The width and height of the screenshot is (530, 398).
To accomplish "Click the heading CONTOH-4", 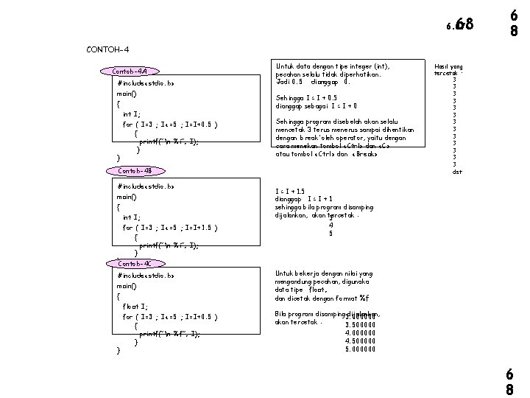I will click(107, 49).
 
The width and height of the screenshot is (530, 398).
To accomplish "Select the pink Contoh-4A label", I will click(129, 71).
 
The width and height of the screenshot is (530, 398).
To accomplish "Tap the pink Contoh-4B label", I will click(134, 171).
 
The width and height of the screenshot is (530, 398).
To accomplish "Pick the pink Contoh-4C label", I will click(134, 263).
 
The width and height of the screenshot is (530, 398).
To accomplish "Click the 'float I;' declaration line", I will click(135, 305).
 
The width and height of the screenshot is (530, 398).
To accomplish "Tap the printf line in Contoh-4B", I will click(169, 245).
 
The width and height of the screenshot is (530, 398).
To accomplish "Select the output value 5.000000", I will click(360, 349).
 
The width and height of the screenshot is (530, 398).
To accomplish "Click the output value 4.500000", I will click(360, 341).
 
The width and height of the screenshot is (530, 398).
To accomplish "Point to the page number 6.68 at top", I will click(462, 27).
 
